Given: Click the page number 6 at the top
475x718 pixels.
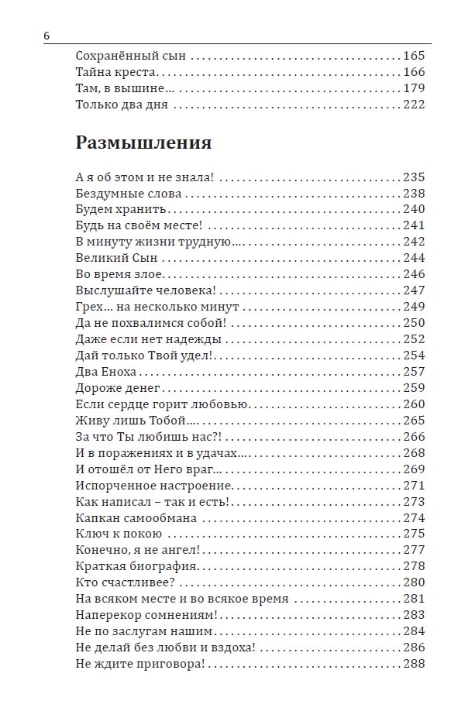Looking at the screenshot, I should (x=46, y=37).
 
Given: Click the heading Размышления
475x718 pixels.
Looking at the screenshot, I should (x=143, y=143).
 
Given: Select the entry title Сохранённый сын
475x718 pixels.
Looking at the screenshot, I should (x=131, y=57).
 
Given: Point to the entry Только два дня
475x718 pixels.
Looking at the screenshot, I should (x=122, y=105).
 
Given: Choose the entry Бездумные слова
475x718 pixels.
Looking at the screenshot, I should (x=129, y=194).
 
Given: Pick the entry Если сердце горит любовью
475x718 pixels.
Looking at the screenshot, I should (x=162, y=404).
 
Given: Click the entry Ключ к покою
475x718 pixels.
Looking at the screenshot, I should (x=119, y=534).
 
